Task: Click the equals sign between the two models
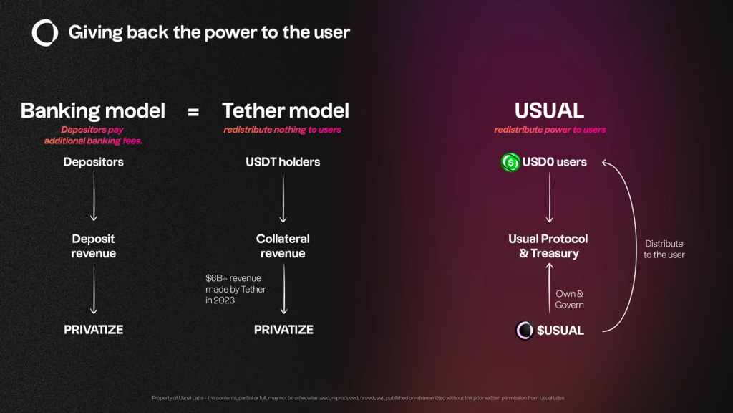pos(193,112)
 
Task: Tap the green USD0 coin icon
pos(510,163)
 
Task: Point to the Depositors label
pos(94,162)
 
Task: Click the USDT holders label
pos(283,162)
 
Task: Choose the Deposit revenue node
pos(94,246)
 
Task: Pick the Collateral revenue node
pos(283,246)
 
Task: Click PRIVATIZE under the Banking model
pos(94,330)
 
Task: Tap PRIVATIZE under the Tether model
pos(283,330)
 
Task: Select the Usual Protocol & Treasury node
pos(548,246)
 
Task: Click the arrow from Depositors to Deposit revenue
pos(94,196)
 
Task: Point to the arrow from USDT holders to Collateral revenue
pos(283,196)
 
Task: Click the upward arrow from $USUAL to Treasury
pos(549,288)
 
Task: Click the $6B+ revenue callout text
pos(236,290)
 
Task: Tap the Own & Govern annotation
pos(569,299)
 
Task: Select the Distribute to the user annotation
pos(664,249)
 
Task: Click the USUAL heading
pos(549,111)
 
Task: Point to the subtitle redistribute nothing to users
pos(282,130)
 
